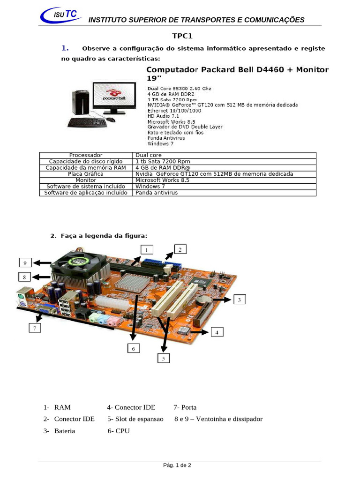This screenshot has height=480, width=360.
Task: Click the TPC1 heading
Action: point(182,36)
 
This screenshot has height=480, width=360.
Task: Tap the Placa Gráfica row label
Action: point(85,174)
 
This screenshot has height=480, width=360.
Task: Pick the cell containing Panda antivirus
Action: point(157,193)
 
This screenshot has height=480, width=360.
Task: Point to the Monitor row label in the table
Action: point(85,180)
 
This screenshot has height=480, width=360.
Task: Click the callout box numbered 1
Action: point(147,249)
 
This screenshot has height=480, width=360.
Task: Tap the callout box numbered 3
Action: point(239,300)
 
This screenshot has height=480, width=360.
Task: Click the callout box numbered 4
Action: point(217,332)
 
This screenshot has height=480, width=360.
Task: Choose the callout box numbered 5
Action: point(164,358)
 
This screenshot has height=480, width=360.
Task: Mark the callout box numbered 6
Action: point(133,348)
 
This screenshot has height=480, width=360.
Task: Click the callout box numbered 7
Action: point(34,329)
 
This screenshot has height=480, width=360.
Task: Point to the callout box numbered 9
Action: point(25,262)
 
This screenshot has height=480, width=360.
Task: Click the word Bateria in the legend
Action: point(64,431)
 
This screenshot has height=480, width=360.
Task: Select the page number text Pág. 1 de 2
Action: point(177,465)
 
